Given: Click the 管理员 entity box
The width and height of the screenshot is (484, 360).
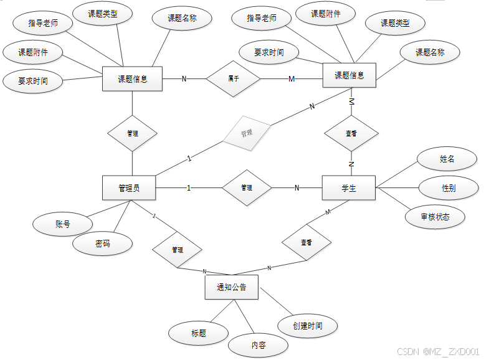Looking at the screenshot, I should coord(128,188).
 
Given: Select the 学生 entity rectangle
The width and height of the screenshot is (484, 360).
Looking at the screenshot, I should coord(349,188).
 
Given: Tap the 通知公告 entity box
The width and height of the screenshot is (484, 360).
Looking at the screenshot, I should coord(231,287).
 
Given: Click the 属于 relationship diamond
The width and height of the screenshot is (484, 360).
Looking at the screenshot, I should coord(233,79).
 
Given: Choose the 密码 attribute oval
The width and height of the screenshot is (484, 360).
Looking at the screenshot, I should coord(103,244).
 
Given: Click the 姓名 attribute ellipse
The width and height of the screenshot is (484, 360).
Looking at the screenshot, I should coord(447,159).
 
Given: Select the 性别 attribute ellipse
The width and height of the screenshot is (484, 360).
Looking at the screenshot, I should coord(448,188).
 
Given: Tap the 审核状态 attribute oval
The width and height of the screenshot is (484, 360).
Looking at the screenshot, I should coord(435,217).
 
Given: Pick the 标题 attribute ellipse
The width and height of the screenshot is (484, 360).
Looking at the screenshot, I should coord(199,333).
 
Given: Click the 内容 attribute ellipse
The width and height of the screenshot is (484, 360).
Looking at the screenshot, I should coord(259,345).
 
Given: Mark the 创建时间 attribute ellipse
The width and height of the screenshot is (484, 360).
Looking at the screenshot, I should coord(308,326).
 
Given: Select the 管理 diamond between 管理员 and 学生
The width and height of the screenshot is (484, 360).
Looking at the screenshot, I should coord(247,187).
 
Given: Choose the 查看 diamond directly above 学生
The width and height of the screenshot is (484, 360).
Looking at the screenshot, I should coord(351,133).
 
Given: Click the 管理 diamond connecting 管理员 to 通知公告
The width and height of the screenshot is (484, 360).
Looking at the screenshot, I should coord(178,250).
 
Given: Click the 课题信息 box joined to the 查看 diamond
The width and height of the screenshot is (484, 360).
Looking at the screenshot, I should coord(349,76).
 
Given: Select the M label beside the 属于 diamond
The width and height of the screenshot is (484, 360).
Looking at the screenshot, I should coord(291,79).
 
